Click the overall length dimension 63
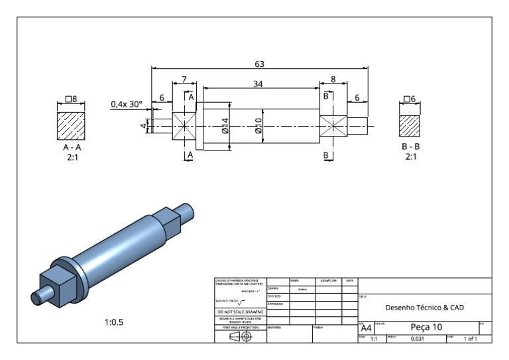click(x=259, y=64)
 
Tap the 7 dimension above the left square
click(x=184, y=80)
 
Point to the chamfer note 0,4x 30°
click(x=127, y=104)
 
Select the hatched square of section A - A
click(x=72, y=124)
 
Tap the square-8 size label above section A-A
click(x=72, y=99)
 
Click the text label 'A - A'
click(x=72, y=147)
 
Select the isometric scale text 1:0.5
click(x=114, y=323)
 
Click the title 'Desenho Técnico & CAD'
click(x=424, y=308)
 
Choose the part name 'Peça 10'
click(x=426, y=328)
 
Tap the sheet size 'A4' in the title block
click(x=366, y=328)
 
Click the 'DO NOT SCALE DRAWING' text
click(x=240, y=312)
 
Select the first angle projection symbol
click(x=240, y=336)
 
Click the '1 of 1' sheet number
click(x=471, y=339)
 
